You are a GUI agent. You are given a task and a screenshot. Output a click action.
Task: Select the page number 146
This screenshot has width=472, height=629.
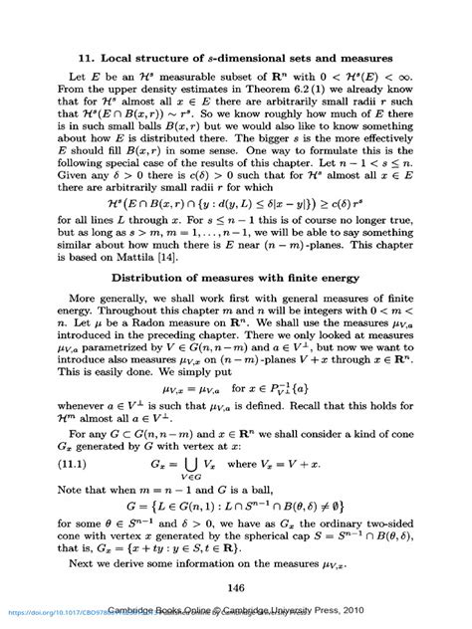pyautogui.click(x=236, y=588)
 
